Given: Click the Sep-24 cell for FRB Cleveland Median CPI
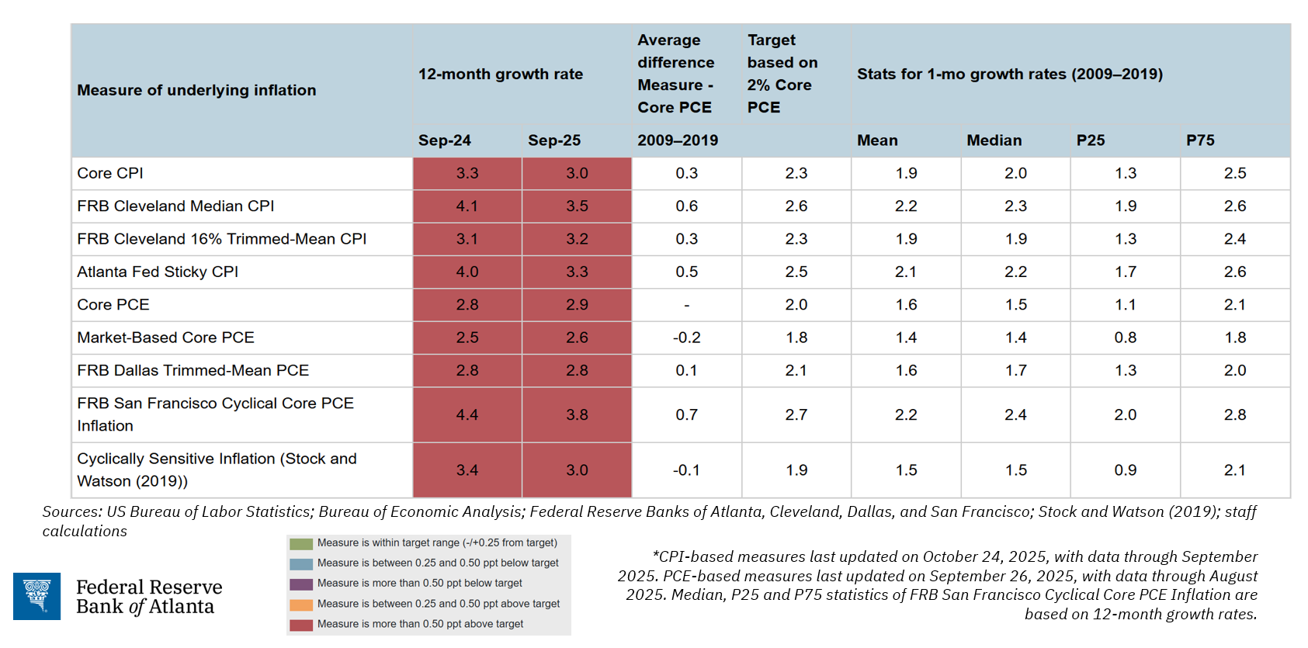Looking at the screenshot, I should [x=467, y=206].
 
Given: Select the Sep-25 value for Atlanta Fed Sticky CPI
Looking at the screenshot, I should [x=577, y=272].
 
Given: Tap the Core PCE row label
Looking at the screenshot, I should [x=113, y=305].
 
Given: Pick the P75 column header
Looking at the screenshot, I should [x=1200, y=140].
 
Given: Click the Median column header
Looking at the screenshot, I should [x=994, y=140].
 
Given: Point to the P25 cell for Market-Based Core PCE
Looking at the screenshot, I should [x=1125, y=338].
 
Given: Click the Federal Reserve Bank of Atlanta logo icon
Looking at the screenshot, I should [x=36, y=596].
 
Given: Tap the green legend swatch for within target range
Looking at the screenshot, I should [x=301, y=544].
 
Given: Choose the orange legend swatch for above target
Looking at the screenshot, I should [x=301, y=605].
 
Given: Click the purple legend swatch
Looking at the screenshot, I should [x=301, y=584].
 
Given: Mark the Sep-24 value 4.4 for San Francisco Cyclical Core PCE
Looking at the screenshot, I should [x=467, y=415].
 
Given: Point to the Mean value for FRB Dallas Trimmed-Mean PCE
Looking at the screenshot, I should [x=906, y=371].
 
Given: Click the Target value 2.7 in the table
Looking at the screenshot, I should [x=796, y=415].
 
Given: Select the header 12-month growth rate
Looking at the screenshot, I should [x=500, y=75].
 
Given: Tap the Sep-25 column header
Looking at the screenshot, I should [x=554, y=140].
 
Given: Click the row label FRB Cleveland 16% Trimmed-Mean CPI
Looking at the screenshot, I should [x=221, y=239].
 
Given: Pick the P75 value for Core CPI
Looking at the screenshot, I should [x=1234, y=174].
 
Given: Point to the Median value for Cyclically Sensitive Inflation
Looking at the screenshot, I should [x=1015, y=470].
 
